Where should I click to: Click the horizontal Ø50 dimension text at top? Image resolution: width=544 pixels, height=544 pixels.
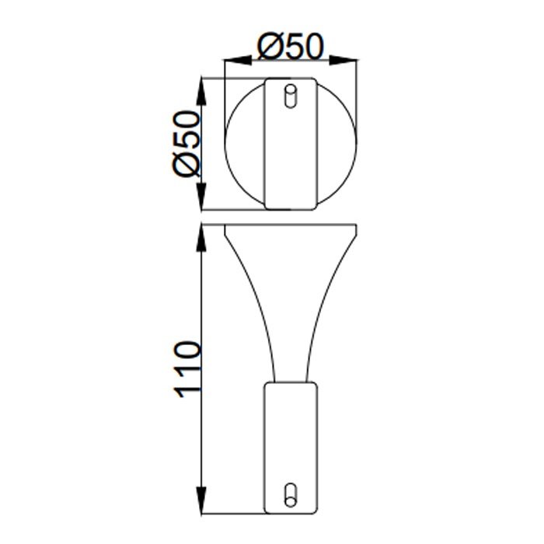pos(289,47)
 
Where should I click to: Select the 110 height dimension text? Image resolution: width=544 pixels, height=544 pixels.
pos(188,369)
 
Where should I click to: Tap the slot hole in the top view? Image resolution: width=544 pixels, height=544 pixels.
pos(290,96)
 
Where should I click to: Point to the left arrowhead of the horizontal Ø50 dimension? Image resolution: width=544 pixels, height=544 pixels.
pos(231,59)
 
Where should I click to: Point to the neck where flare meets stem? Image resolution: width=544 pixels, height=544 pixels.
pos(290,381)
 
